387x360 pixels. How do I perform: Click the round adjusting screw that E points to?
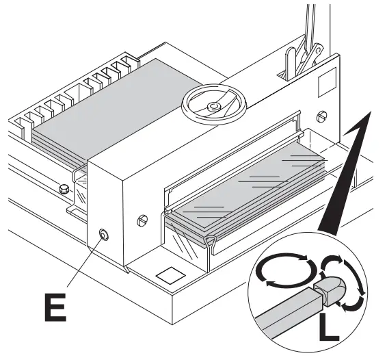tap(103, 235)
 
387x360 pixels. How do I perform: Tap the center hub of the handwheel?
tap(214, 107)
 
